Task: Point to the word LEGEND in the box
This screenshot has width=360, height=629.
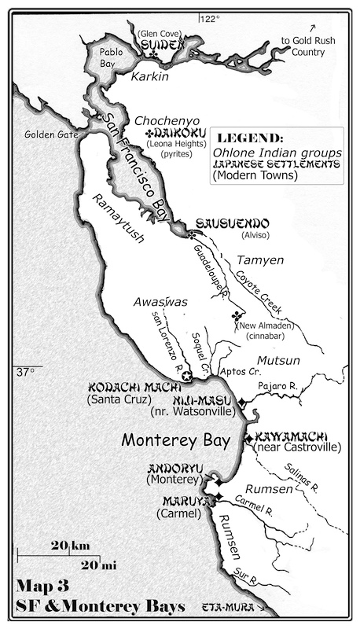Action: [250, 138]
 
